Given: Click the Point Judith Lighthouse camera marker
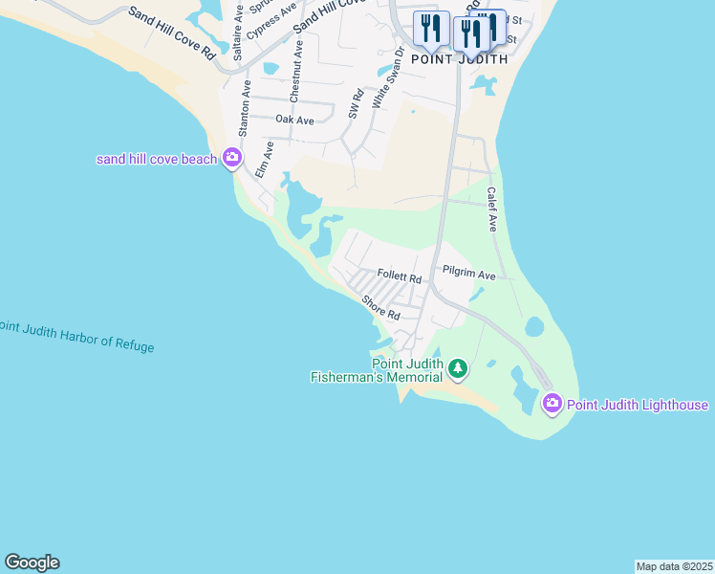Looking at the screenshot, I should (552, 405).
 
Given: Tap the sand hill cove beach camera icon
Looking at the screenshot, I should (231, 158).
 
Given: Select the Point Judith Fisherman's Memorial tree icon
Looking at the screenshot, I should (458, 367).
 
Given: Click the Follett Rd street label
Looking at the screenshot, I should (400, 276).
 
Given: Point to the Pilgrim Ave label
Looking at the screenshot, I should (469, 275).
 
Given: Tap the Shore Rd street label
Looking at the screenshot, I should (379, 307).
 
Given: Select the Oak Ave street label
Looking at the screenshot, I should (294, 120).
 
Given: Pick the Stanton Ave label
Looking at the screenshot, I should (245, 108).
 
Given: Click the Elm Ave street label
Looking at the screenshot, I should (264, 160).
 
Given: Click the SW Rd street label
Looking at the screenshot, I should (355, 104).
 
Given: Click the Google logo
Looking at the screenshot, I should (32, 563).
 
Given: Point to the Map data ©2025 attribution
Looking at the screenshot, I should (674, 566).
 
